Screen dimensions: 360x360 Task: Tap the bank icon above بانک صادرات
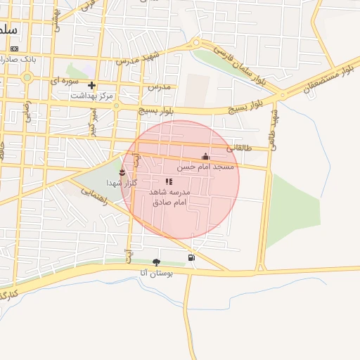[x=15, y=48]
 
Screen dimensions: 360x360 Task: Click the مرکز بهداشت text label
[x=96, y=95]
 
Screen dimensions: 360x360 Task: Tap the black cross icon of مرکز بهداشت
[x=91, y=85]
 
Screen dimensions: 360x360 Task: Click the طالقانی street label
[x=240, y=148]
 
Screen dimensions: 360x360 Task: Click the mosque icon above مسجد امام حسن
[x=205, y=156]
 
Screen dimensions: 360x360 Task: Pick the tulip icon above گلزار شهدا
[x=122, y=172]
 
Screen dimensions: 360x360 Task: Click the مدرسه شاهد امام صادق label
[x=169, y=197]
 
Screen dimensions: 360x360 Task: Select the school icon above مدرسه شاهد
[x=169, y=181]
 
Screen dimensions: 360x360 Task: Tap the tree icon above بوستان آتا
[x=156, y=262]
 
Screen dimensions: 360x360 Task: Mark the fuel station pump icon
[x=192, y=257]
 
